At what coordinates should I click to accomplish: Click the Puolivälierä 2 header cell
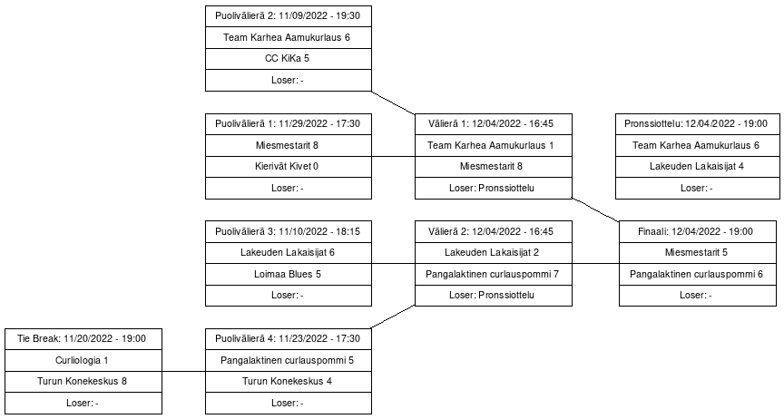click(x=289, y=16)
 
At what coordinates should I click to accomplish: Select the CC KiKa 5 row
click(x=289, y=59)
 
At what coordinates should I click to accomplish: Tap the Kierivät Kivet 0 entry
click(x=289, y=167)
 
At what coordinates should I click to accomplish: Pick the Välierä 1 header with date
click(x=494, y=124)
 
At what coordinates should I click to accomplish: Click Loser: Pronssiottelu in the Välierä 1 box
click(x=494, y=189)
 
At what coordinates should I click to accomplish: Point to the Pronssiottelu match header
click(x=697, y=124)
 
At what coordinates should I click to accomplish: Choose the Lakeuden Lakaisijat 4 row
click(x=697, y=167)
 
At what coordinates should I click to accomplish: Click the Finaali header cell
click(x=697, y=231)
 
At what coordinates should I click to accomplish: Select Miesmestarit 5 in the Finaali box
click(x=697, y=253)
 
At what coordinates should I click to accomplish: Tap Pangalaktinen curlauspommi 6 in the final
click(x=697, y=274)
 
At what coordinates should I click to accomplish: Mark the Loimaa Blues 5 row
click(x=289, y=274)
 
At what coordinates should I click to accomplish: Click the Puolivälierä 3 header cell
click(x=289, y=231)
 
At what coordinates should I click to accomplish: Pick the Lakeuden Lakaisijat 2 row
click(x=494, y=253)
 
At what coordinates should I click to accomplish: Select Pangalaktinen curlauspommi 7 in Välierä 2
click(x=494, y=274)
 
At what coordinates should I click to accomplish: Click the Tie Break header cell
click(x=83, y=338)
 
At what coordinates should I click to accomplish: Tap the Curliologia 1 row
click(x=83, y=360)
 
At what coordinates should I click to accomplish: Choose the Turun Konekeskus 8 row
click(x=83, y=381)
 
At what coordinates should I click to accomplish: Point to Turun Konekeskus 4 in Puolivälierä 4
click(x=289, y=381)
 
